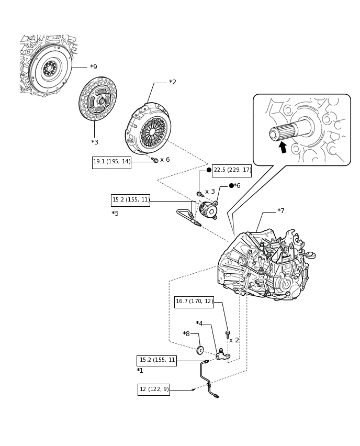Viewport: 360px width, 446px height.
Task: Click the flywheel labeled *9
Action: pos(51,69)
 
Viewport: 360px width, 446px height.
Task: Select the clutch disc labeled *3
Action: pos(98,98)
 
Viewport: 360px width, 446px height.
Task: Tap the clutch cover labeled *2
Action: pos(148,129)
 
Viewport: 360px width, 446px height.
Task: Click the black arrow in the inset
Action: pos(283,147)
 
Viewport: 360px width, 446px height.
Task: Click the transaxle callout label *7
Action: pos(280,211)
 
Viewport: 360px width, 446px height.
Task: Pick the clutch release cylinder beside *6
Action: pos(209,210)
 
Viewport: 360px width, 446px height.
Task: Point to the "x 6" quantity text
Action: pos(165,160)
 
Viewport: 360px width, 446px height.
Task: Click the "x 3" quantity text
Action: pos(210,192)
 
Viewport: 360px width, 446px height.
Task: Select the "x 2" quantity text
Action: pos(234,340)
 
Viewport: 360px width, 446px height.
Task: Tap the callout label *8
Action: pos(186,333)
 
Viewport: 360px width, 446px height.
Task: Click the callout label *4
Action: pos(199,324)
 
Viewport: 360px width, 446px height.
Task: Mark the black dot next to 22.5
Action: pos(209,170)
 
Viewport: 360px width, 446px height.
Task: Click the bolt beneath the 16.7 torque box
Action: pos(228,334)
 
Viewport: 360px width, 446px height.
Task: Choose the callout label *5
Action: pos(115,214)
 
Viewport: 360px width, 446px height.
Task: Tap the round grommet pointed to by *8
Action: pos(200,350)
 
